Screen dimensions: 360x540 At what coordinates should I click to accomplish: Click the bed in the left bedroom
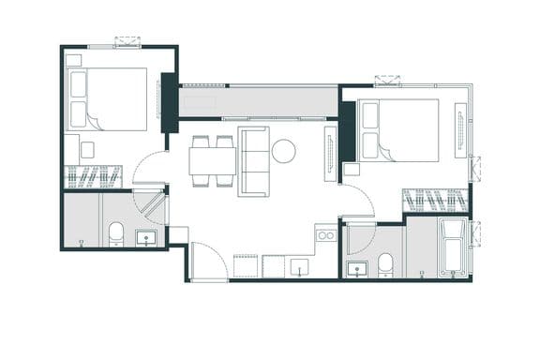[110, 98]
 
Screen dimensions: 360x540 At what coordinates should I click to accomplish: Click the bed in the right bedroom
[400, 129]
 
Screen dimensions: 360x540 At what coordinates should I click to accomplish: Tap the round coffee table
[283, 151]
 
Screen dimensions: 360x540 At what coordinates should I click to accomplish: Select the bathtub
[453, 247]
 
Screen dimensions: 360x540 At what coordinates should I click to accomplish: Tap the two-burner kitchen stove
[325, 234]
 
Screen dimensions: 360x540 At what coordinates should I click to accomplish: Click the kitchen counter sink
[299, 270]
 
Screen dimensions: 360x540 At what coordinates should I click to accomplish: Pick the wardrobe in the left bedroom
[93, 175]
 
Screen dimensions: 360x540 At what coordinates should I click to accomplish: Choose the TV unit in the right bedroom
[459, 129]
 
